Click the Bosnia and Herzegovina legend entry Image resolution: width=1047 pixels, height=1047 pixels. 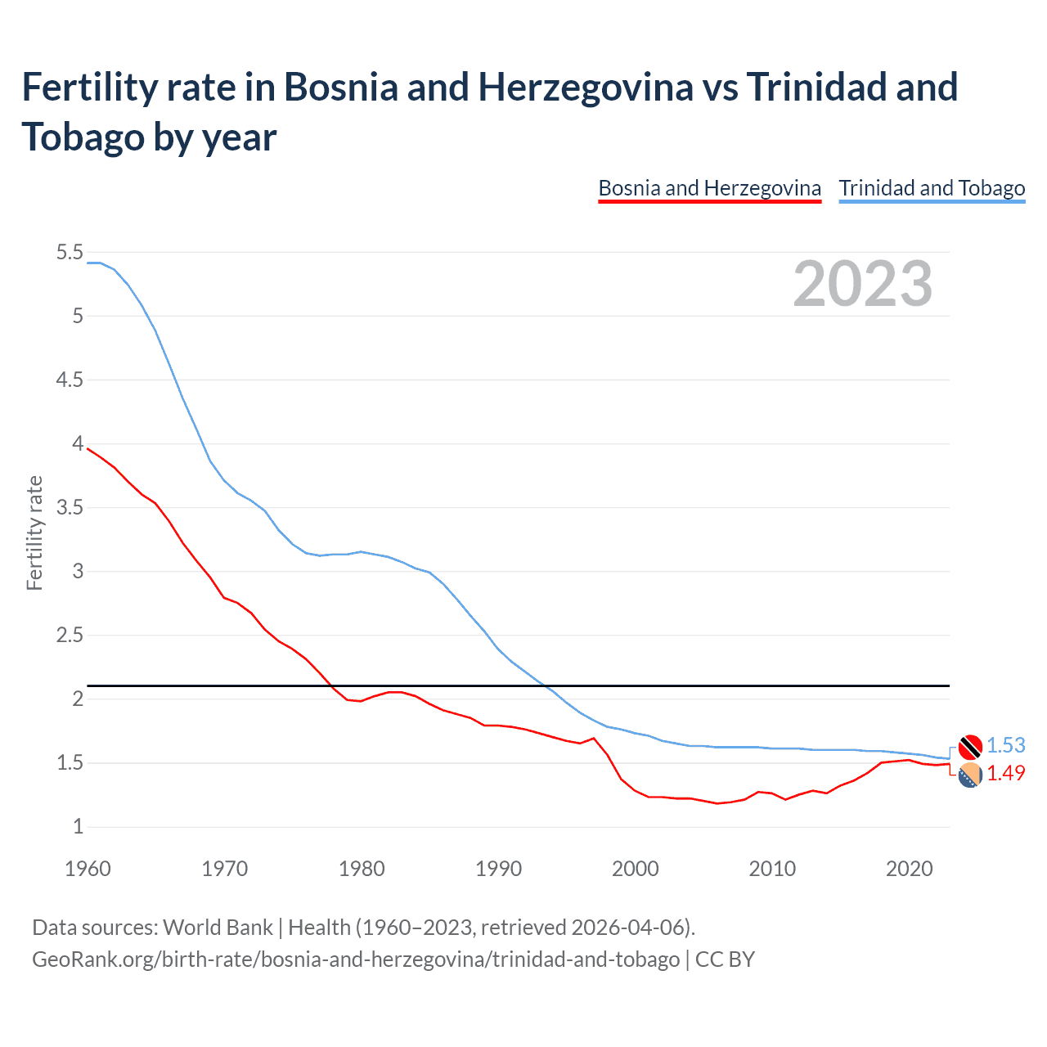[x=709, y=188]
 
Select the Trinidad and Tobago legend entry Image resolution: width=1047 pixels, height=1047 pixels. [x=932, y=188]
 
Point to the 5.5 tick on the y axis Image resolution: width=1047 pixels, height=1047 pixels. [x=70, y=253]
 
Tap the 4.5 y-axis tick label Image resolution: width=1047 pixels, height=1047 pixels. [x=70, y=380]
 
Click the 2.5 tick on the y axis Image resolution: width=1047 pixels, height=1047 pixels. [x=70, y=636]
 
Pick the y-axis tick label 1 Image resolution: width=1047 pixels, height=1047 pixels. [x=79, y=827]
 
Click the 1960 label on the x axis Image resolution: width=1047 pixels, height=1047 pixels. [x=88, y=869]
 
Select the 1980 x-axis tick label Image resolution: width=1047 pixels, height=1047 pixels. [x=362, y=869]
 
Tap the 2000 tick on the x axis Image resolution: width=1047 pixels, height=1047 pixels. [x=636, y=869]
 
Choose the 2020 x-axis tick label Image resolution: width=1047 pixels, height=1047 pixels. [x=909, y=869]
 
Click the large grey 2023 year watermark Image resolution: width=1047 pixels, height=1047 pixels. [x=863, y=284]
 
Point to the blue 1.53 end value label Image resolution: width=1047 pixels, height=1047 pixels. [x=1005, y=745]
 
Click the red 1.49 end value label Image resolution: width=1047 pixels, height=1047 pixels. [x=1005, y=773]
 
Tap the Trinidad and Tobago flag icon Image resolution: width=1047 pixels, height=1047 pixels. [x=970, y=747]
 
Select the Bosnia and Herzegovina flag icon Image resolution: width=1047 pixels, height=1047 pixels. [x=970, y=775]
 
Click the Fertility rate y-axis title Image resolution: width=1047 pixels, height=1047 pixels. [x=34, y=532]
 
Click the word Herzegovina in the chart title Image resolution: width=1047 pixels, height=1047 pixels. [x=586, y=88]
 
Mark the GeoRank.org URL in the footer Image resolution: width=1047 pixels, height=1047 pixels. [x=356, y=959]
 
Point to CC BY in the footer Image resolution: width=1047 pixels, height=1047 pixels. [x=725, y=959]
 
